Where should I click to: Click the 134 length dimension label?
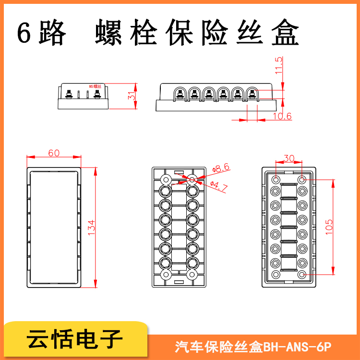pos(91,228)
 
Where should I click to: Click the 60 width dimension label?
pos(54,153)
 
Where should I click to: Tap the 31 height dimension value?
pos(132,96)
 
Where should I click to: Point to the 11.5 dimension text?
pos(279,65)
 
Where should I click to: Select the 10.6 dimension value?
pos(282,116)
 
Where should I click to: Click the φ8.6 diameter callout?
pos(221,168)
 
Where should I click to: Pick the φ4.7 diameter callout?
pos(219,186)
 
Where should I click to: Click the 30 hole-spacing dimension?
pos(289,158)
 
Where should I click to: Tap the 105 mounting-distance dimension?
pos(329,227)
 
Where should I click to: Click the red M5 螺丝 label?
pos(95,86)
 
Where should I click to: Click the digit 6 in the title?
pos(24,33)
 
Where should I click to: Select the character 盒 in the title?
pos(285,32)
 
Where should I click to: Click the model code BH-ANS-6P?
pos(297,347)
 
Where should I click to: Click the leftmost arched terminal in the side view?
pos(180,94)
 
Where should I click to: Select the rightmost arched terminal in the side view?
pos(252,94)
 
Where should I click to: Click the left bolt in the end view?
pos(69,94)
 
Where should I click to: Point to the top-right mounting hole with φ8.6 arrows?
pos(192,180)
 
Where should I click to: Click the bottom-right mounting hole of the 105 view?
pos(302,275)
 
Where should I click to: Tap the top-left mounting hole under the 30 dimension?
pos(276,180)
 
